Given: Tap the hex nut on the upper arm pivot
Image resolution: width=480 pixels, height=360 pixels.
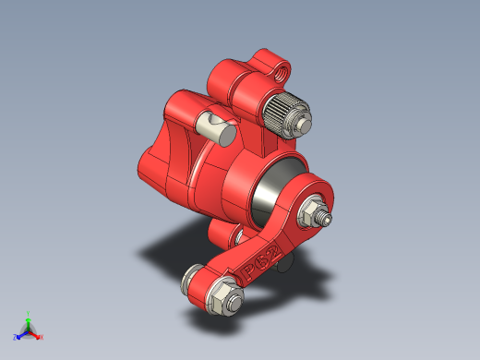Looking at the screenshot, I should click(311, 212).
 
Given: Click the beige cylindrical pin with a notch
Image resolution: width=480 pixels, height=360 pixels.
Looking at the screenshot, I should click(215, 124).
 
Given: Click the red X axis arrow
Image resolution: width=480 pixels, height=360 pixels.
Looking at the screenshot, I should click(37, 334).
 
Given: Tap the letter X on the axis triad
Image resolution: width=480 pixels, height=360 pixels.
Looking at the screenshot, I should click(42, 338).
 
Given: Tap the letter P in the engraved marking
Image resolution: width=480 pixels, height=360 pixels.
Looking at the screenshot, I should click(249, 271).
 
